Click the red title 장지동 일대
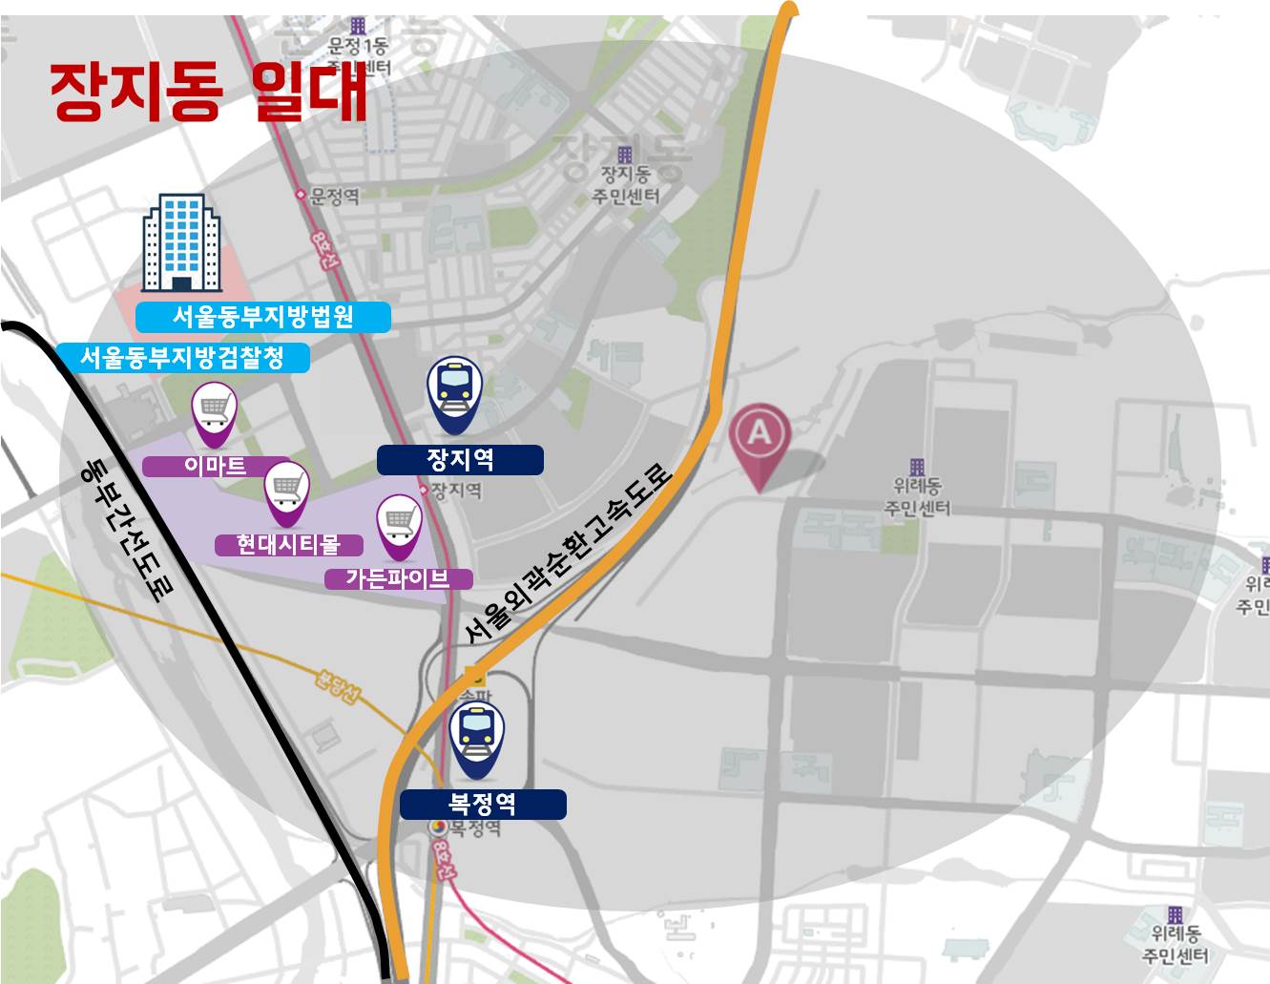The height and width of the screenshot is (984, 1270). point(208,92)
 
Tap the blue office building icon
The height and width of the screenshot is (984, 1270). point(181,243)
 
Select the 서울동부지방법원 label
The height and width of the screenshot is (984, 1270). point(262,317)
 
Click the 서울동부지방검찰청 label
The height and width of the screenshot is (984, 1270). point(182,358)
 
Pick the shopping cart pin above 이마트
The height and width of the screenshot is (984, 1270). point(214,412)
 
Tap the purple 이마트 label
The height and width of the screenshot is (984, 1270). point(216,466)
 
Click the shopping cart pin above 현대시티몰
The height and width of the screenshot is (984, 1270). point(286,491)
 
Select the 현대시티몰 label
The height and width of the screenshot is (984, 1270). point(288,545)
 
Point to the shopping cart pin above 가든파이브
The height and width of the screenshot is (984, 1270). point(400,525)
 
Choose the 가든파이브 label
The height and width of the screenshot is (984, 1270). point(397,578)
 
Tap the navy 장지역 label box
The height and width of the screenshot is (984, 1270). point(460,460)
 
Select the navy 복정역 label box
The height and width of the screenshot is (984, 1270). point(483,805)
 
